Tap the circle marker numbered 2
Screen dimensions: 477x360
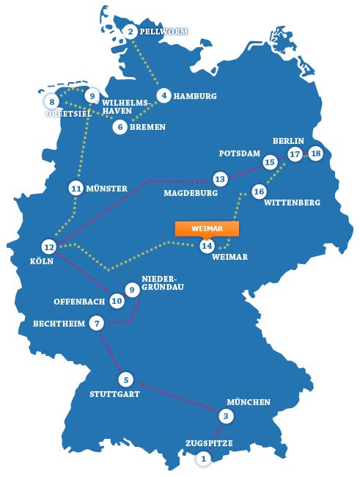pyautogui.click(x=131, y=31)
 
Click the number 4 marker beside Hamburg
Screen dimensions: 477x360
pyautogui.click(x=164, y=95)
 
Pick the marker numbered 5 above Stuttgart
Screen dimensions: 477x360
pyautogui.click(x=126, y=379)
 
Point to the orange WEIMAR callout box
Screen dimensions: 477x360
pyautogui.click(x=207, y=228)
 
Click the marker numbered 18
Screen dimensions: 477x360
pyautogui.click(x=315, y=153)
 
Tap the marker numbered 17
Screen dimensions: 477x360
pyautogui.click(x=295, y=154)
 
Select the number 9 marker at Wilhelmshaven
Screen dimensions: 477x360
pyautogui.click(x=92, y=96)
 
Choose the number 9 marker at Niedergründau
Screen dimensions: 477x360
pyautogui.click(x=132, y=290)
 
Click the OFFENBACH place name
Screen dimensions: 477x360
pyautogui.click(x=81, y=302)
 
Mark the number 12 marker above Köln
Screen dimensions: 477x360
pyautogui.click(x=49, y=247)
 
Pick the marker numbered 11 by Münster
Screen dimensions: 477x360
pyautogui.click(x=76, y=188)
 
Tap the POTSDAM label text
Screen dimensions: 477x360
pyautogui.click(x=240, y=153)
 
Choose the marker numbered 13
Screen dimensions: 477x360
pyautogui.click(x=219, y=179)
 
